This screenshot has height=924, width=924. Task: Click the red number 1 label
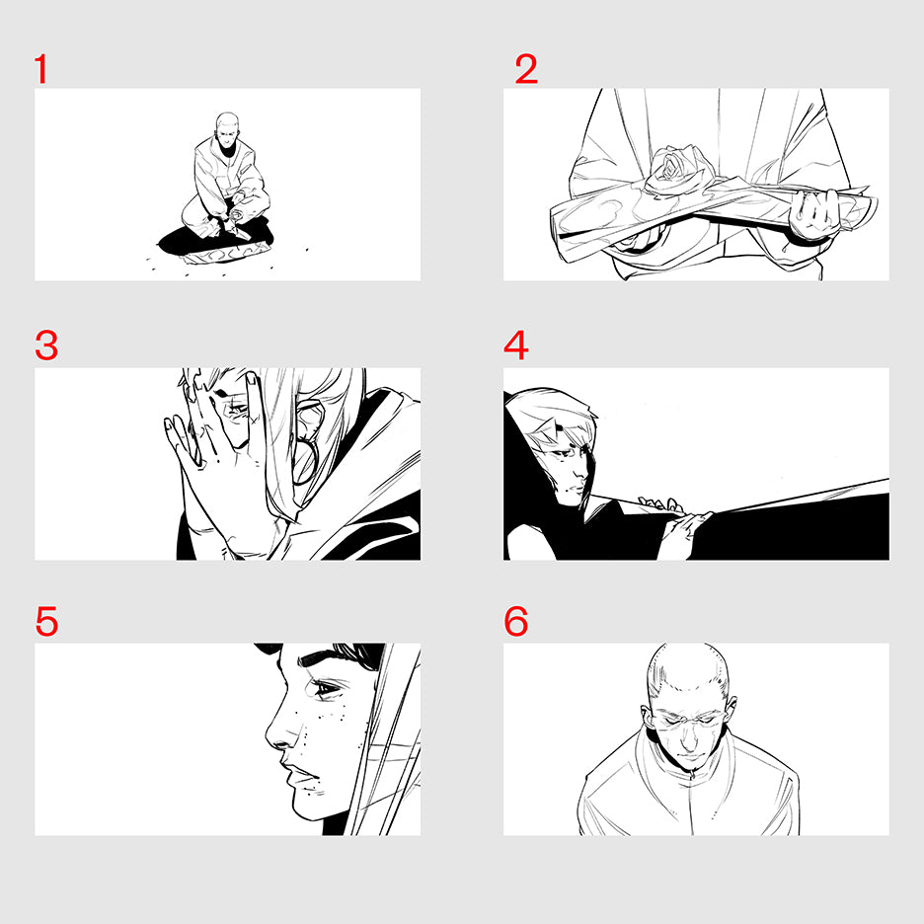tap(40, 69)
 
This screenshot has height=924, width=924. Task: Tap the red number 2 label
tap(526, 69)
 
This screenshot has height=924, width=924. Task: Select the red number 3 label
tap(46, 346)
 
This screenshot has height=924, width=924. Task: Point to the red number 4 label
tap(516, 346)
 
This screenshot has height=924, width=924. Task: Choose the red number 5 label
tap(46, 621)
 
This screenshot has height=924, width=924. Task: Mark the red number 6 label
tap(516, 621)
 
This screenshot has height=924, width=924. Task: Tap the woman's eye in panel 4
tap(564, 454)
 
